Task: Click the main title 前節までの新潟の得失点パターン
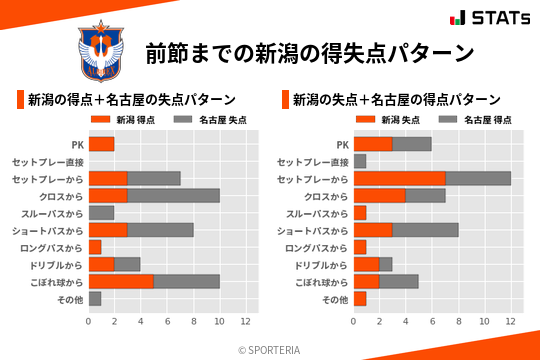(x=308, y=52)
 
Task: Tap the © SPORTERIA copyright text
(x=270, y=349)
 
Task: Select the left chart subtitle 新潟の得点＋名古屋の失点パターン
(x=131, y=100)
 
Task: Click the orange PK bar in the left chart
(x=101, y=144)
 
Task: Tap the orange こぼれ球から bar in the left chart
(x=121, y=281)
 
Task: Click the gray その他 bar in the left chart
(x=95, y=298)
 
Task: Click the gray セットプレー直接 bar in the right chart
(x=359, y=161)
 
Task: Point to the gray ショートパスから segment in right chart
(x=425, y=230)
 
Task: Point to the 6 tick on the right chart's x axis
(x=432, y=321)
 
